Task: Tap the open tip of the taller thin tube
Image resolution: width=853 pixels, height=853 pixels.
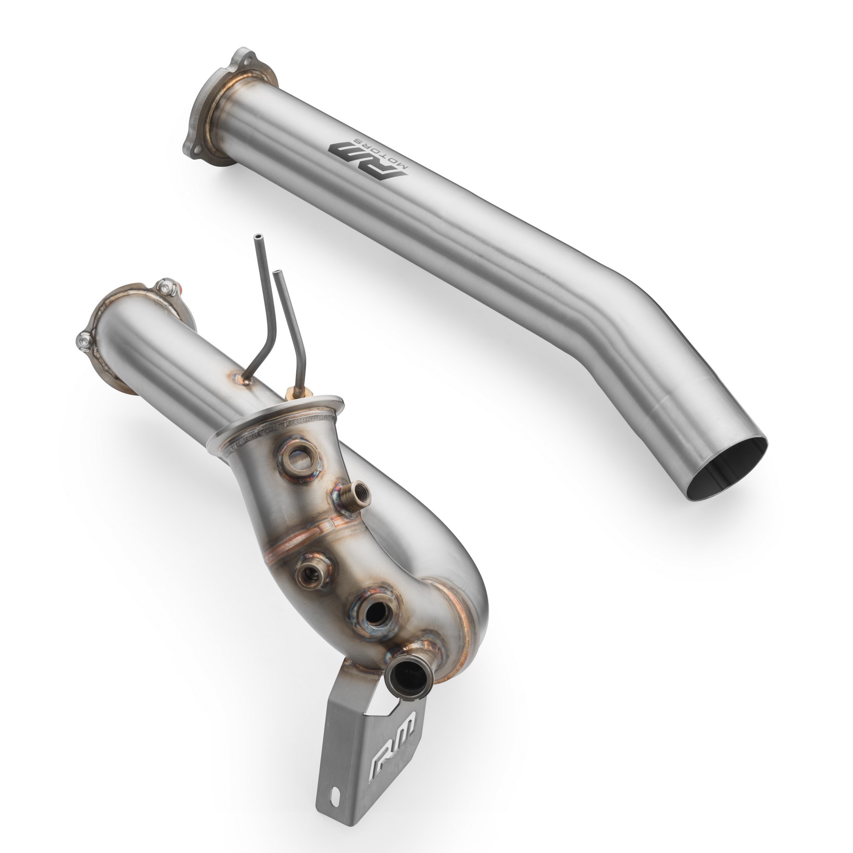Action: (258, 238)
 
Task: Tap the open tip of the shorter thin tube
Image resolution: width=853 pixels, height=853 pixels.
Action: (278, 273)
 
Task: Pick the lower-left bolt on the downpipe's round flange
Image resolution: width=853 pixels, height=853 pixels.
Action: (84, 340)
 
